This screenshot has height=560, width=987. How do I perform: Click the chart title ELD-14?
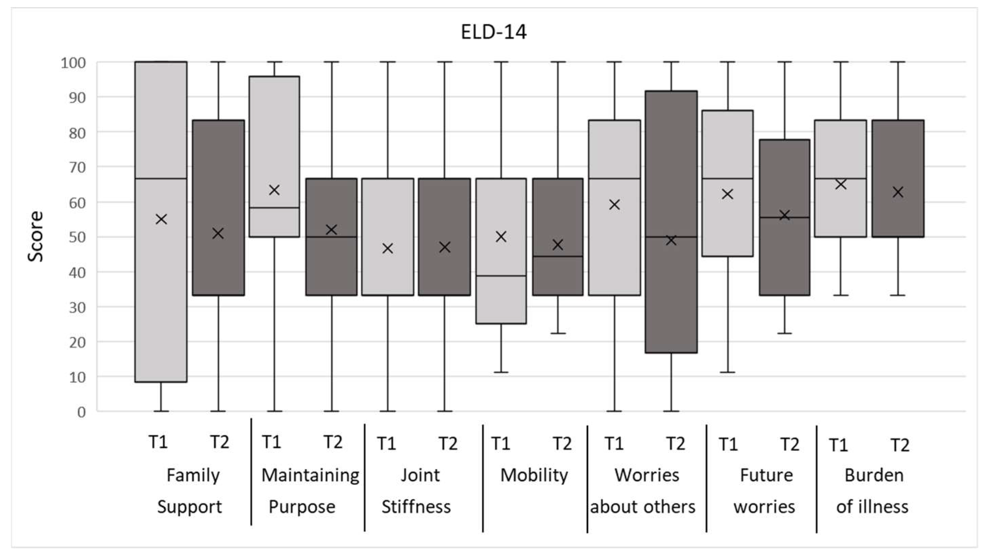(493, 32)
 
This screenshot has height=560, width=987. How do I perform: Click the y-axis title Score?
(36, 236)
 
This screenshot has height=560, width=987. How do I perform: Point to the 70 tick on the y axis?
(77, 167)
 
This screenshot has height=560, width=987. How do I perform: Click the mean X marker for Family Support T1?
(161, 219)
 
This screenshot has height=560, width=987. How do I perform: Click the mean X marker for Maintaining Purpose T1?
(274, 190)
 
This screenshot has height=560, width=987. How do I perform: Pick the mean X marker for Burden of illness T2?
(898, 192)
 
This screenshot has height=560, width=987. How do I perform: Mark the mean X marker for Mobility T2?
(558, 244)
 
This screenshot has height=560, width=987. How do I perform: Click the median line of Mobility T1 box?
(501, 276)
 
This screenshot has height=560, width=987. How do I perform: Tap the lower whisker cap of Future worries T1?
(728, 372)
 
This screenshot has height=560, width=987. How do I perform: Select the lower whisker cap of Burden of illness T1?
(841, 295)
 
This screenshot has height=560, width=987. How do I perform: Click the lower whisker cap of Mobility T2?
(558, 333)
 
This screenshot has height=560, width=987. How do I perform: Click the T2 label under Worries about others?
(675, 443)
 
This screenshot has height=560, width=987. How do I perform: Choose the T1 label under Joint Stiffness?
(386, 443)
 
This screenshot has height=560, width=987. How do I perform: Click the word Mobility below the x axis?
(534, 475)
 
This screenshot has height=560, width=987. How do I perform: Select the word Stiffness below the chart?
(416, 507)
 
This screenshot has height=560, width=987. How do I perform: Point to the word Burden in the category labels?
(874, 475)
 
